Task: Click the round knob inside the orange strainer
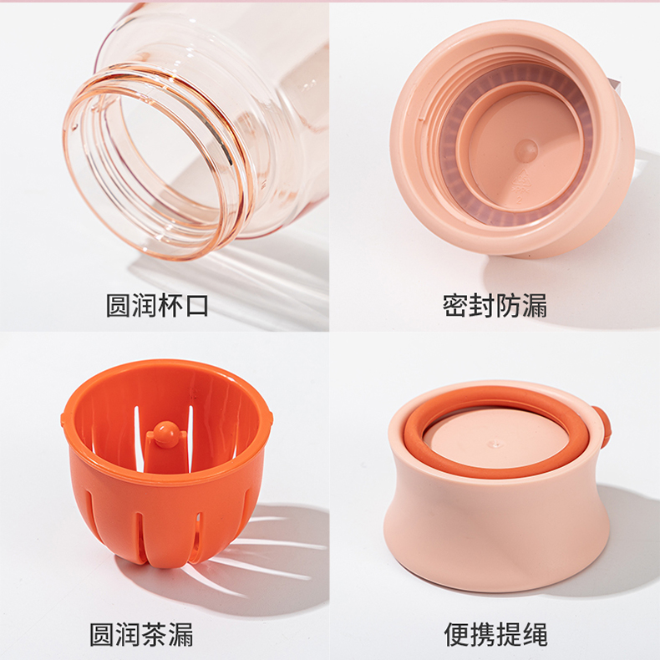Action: pos(165,432)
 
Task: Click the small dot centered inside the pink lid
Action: pos(525,150)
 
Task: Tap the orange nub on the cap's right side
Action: pos(603,423)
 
